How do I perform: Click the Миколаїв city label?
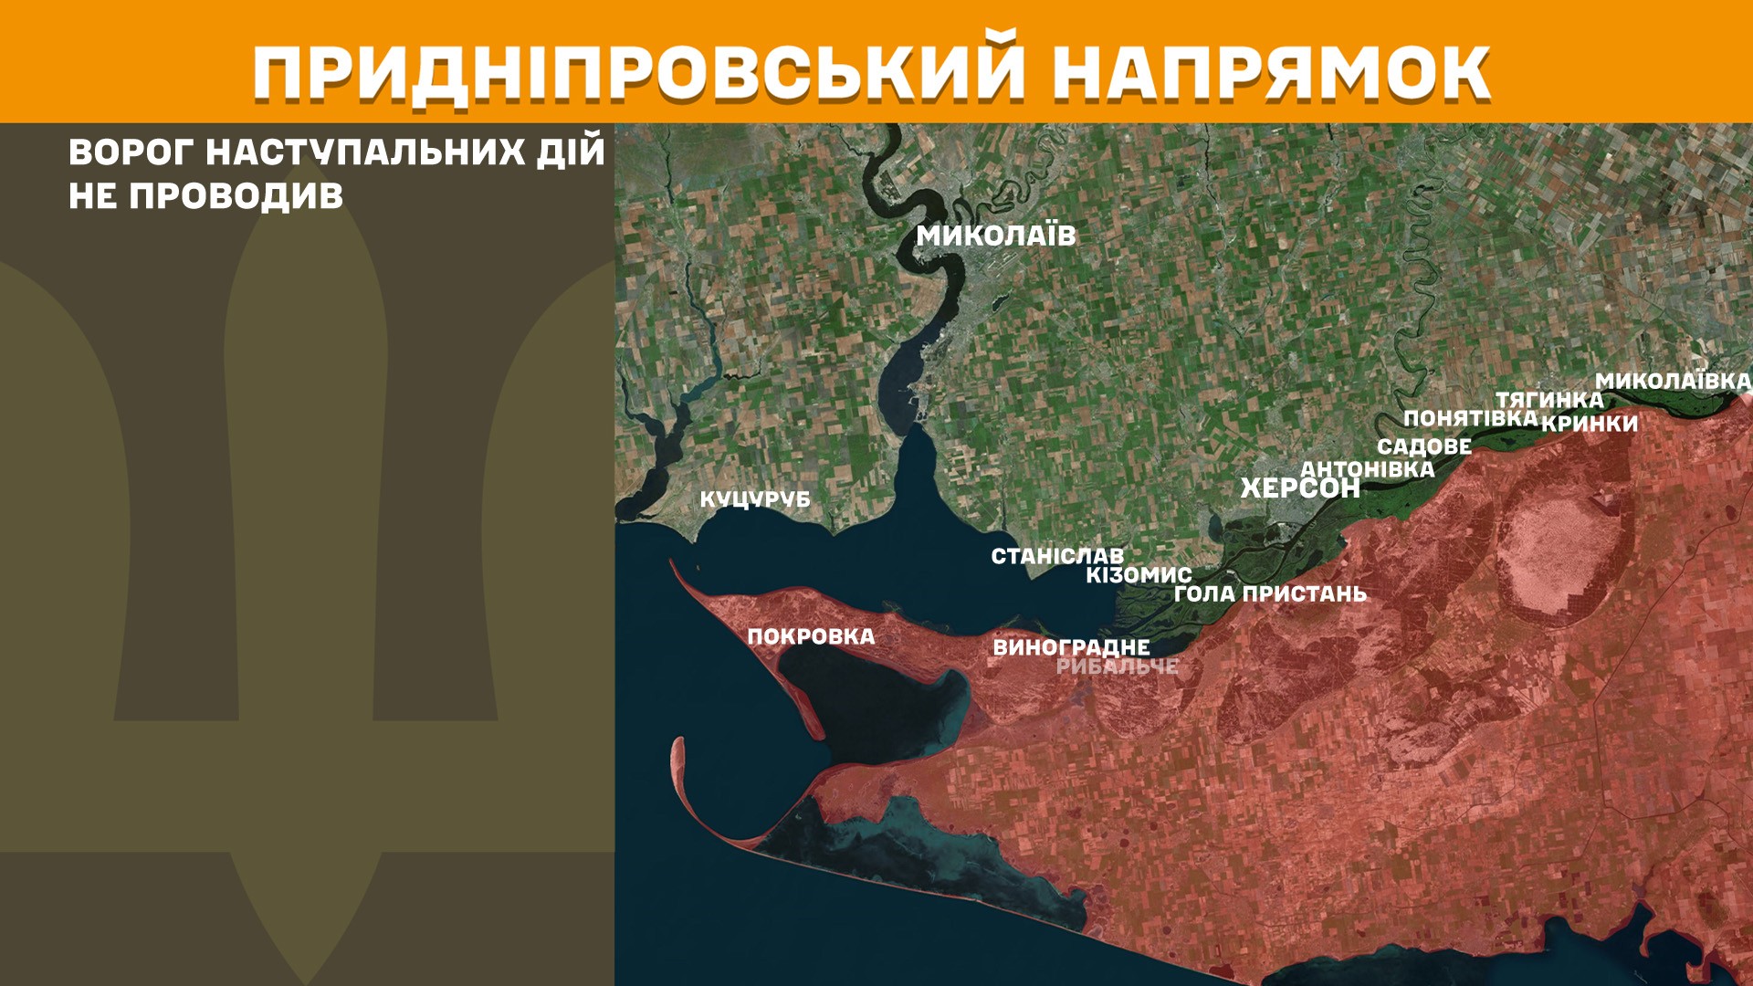point(996,236)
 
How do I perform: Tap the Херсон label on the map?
point(1299,488)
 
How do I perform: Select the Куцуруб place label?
point(755,499)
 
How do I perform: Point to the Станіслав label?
point(1057,556)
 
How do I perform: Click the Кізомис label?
point(1139,575)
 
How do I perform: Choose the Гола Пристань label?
point(1270,593)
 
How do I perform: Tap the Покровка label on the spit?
point(811,636)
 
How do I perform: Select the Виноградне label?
point(1071,647)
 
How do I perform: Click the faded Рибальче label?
point(1117,666)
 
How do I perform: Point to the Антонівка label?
point(1367,469)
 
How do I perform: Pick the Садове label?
point(1424,446)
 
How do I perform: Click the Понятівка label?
point(1470,418)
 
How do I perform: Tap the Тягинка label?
point(1549,400)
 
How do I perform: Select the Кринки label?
point(1590,424)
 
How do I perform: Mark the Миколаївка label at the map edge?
point(1673,381)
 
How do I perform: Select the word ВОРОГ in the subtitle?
point(131,152)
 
